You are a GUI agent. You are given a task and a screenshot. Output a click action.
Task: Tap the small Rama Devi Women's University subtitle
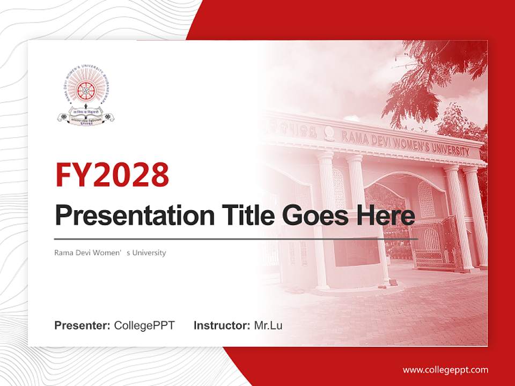click(110, 253)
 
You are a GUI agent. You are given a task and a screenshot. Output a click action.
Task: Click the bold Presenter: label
click(83, 325)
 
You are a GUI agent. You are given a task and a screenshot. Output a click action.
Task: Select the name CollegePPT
click(144, 325)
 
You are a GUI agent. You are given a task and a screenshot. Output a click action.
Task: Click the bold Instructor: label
click(222, 325)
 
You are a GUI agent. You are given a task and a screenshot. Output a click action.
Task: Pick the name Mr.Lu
click(268, 325)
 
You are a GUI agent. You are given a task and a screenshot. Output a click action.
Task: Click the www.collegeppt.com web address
click(445, 369)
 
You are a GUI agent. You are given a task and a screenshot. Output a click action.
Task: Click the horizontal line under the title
click(236, 239)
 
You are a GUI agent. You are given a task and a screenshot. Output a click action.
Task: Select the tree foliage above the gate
click(429, 80)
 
